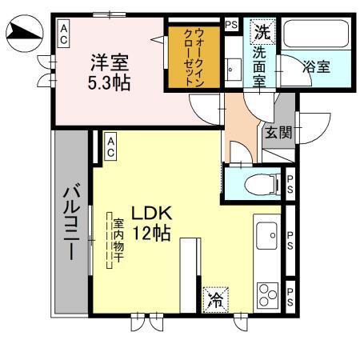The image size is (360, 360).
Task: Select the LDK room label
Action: (x=152, y=214)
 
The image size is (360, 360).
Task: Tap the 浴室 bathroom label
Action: (x=315, y=67)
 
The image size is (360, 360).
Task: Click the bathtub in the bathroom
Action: (x=315, y=35)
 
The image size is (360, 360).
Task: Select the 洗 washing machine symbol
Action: (x=262, y=33)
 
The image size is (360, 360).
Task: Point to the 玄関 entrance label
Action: (x=279, y=132)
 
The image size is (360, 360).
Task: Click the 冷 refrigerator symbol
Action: (x=215, y=300)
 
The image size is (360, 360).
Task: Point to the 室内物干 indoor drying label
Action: (x=117, y=239)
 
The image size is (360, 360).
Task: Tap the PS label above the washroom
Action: (x=232, y=24)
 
